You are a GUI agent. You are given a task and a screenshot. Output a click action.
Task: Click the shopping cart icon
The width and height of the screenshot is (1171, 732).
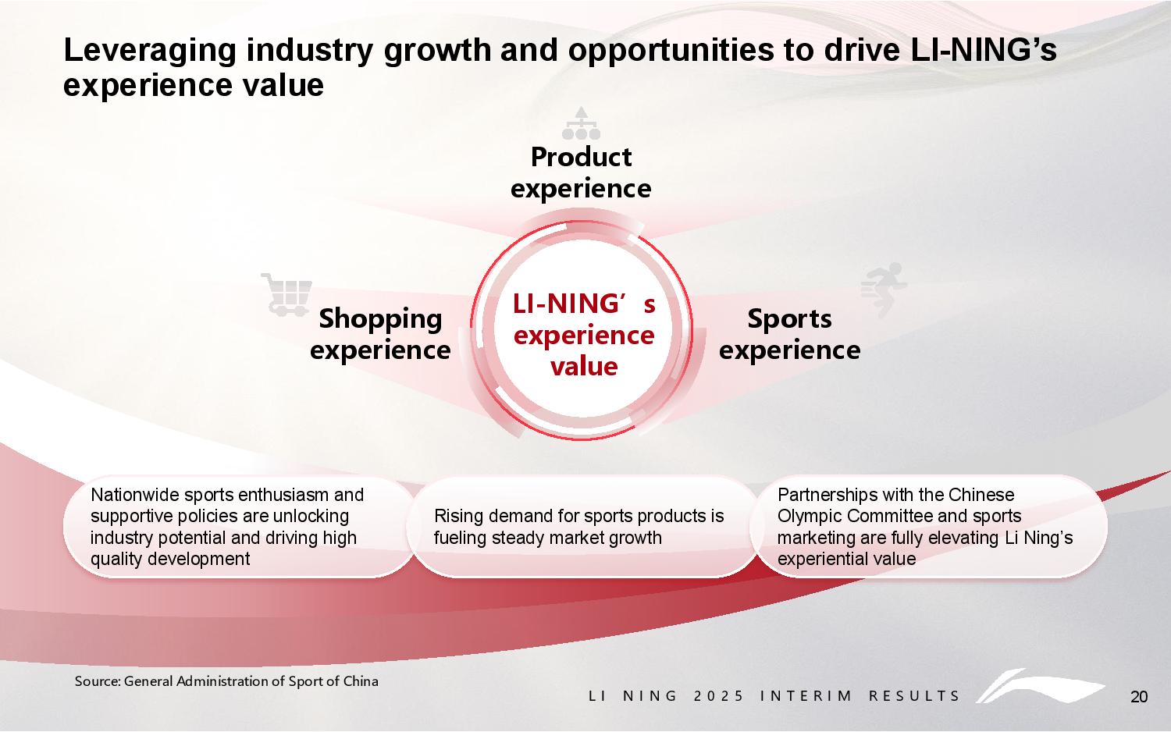pyautogui.click(x=286, y=294)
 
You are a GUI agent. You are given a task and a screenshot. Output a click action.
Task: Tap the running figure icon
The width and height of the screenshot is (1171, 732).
pyautogui.click(x=884, y=290)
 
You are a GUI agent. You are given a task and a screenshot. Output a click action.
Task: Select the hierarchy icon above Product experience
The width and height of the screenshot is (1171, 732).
pyautogui.click(x=581, y=123)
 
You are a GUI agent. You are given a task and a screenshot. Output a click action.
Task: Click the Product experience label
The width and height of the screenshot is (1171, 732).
pyautogui.click(x=581, y=172)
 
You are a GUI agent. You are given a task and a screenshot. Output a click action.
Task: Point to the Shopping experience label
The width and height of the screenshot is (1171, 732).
pyautogui.click(x=380, y=334)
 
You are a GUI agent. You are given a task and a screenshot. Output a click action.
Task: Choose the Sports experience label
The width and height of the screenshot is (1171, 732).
pyautogui.click(x=789, y=334)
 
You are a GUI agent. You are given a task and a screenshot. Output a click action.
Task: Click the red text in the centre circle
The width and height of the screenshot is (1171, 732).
pyautogui.click(x=583, y=335)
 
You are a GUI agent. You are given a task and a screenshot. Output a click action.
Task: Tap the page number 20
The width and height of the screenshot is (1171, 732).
pyautogui.click(x=1139, y=696)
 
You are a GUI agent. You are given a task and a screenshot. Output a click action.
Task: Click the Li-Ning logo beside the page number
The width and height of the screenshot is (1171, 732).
pyautogui.click(x=1040, y=685)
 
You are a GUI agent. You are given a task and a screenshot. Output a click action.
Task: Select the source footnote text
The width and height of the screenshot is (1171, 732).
pyautogui.click(x=226, y=681)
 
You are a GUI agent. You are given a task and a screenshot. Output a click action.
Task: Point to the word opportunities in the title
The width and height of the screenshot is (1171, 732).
pyautogui.click(x=671, y=52)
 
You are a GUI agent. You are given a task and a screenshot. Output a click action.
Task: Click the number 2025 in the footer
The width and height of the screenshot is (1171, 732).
pyautogui.click(x=718, y=696)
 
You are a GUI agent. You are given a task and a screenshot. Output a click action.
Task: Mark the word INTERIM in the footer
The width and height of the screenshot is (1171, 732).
pyautogui.click(x=806, y=696)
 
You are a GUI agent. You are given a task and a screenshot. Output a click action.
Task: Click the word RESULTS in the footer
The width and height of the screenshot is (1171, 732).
pyautogui.click(x=914, y=696)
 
